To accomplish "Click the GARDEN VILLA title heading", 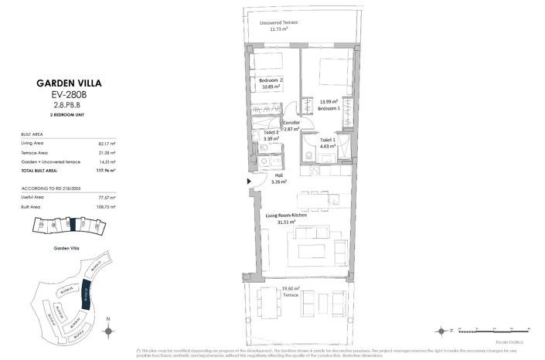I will [69, 83].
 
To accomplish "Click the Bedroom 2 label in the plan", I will [271, 81].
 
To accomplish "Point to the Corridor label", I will [291, 123].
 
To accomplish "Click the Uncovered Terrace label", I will [279, 22].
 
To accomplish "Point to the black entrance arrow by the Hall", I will [248, 182].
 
